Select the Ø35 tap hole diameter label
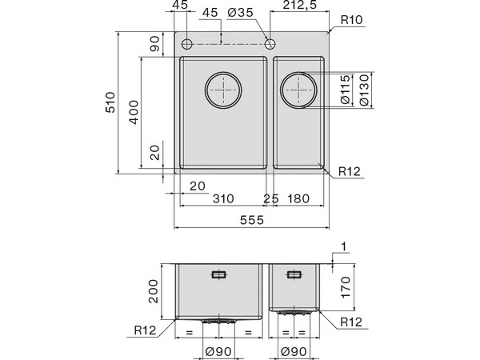point(240,12)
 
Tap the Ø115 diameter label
point(345,90)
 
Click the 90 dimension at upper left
point(155,45)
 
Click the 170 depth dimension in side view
point(346,286)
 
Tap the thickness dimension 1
point(344,248)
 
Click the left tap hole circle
point(186,42)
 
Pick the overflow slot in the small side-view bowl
point(294,274)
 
